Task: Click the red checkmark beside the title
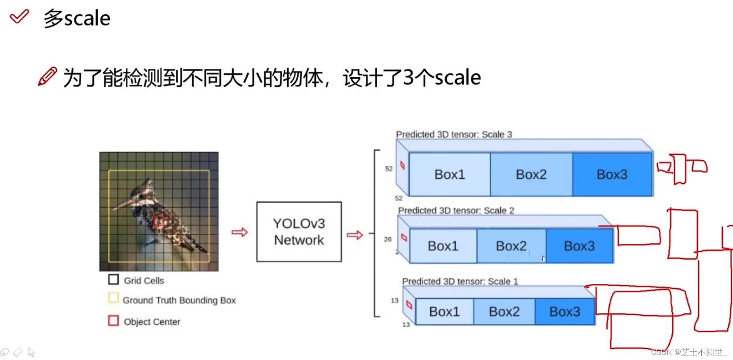(x=19, y=17)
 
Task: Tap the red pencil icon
(x=47, y=77)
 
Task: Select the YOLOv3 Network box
(x=299, y=232)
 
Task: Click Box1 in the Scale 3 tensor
(x=449, y=174)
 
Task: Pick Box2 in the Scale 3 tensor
(x=531, y=174)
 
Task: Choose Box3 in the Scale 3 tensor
(x=612, y=174)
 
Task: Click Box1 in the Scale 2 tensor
(x=443, y=246)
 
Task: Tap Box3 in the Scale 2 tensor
(x=579, y=246)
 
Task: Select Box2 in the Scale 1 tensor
(x=504, y=311)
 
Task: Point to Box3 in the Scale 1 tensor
(x=564, y=311)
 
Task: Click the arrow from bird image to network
(x=239, y=232)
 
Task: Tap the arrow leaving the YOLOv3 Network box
(x=354, y=235)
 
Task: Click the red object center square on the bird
(x=159, y=221)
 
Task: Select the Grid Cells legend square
(x=113, y=279)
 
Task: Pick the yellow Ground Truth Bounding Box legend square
(x=113, y=298)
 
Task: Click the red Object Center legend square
(x=113, y=320)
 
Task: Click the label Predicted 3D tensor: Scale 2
(x=456, y=210)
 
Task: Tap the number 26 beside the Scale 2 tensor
(x=388, y=239)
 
